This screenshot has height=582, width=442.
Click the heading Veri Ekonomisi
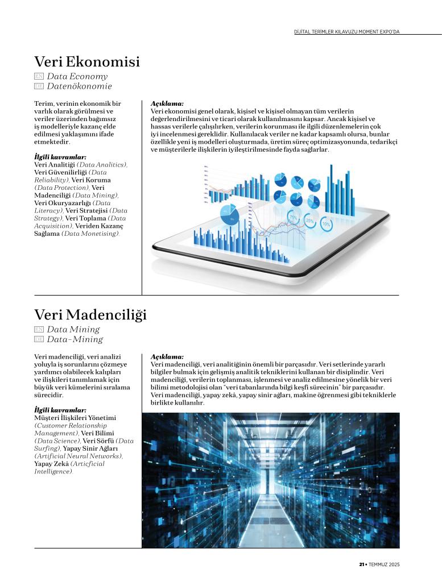[x=87, y=61]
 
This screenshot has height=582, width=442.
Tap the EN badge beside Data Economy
[x=39, y=76]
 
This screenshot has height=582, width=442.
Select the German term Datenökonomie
[x=79, y=86]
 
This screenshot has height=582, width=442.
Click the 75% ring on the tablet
[x=294, y=217]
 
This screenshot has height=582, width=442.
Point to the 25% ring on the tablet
[x=310, y=220]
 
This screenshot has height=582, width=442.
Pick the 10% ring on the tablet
[x=326, y=225]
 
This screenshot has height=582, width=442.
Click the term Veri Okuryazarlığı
[x=63, y=203]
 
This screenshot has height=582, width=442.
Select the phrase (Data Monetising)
[x=90, y=234]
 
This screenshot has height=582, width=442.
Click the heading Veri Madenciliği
[x=90, y=314]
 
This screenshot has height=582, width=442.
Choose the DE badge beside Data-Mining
[x=39, y=339]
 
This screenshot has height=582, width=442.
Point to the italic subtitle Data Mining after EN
[x=73, y=329]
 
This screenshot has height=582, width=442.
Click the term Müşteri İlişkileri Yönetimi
[x=75, y=418]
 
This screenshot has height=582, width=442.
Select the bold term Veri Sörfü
[x=98, y=440]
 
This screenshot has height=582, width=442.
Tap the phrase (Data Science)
[x=57, y=440]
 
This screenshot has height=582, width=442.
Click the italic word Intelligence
[x=53, y=471]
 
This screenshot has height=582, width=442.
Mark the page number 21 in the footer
[x=361, y=564]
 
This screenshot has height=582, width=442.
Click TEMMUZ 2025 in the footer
[x=384, y=564]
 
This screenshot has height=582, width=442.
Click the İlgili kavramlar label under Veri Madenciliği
[x=60, y=410]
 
